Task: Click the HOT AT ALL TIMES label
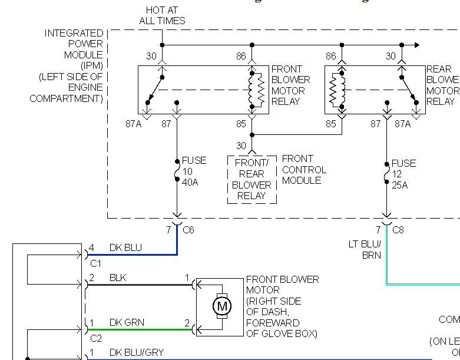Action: pos(162,16)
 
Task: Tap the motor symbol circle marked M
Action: pos(222,306)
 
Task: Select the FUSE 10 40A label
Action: pos(193,171)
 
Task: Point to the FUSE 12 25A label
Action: pos(403,174)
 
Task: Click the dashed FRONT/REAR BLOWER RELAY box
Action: pos(252,180)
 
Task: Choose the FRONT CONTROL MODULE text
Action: pos(304,170)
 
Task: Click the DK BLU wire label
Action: pos(125,248)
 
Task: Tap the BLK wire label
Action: pos(118,278)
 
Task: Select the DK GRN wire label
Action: pos(127,323)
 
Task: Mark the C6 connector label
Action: pos(188,230)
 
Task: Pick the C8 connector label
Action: pos(398,230)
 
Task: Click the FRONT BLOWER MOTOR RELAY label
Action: pos(291,85)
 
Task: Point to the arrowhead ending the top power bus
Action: pos(417,45)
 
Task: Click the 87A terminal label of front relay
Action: pos(150,123)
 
